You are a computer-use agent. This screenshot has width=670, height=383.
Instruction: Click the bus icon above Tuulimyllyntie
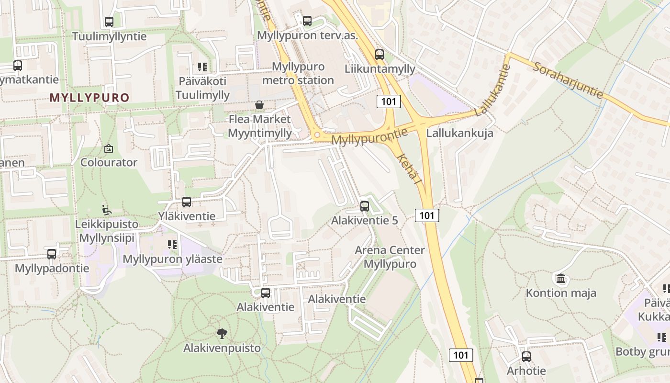tap(109, 22)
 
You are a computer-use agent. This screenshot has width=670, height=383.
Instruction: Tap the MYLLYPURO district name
tap(89, 98)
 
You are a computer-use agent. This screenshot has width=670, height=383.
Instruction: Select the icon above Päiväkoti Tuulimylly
tap(202, 67)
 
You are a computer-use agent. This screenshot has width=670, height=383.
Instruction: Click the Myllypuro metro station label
tap(298, 73)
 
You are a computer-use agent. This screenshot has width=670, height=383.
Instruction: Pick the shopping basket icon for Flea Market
tap(259, 105)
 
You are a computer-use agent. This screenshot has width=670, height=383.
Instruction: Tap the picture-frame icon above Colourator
tap(109, 149)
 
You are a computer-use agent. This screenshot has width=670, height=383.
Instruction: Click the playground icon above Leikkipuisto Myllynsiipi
tap(107, 210)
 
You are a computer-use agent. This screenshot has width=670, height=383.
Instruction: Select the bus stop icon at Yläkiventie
tap(187, 202)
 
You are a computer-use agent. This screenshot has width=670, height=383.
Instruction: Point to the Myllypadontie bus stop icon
tap(52, 254)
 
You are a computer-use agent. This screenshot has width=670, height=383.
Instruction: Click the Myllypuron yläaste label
tap(173, 259)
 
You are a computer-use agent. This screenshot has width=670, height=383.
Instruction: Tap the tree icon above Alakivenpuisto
tap(222, 333)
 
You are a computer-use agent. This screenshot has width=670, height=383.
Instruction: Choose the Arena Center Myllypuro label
tap(390, 257)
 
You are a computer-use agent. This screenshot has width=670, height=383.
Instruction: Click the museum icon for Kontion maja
tap(561, 278)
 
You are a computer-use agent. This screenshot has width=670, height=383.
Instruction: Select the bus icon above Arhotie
tap(526, 356)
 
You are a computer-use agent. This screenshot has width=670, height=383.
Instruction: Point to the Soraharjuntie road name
tap(568, 80)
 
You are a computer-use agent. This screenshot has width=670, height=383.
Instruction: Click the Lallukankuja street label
tap(459, 133)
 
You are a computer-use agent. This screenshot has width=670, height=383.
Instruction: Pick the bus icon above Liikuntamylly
tap(380, 54)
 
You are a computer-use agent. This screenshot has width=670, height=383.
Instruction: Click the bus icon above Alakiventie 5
tap(365, 206)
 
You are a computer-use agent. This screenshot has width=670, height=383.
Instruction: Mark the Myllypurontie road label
tap(369, 137)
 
